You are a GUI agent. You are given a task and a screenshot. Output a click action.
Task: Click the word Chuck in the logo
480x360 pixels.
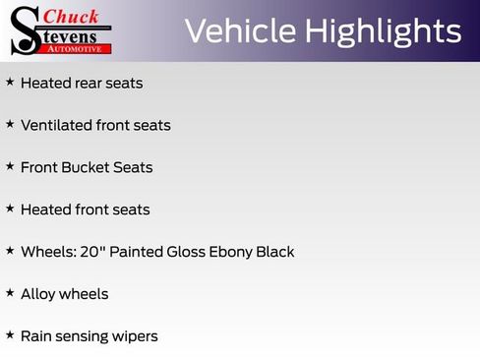[71, 17]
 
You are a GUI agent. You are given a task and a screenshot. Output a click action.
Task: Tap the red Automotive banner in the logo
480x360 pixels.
[74, 49]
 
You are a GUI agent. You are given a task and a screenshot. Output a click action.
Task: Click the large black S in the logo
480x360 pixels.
[27, 31]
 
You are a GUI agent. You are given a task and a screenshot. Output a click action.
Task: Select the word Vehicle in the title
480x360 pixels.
[240, 31]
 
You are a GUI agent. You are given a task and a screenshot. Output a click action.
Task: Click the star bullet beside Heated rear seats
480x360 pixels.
[10, 82]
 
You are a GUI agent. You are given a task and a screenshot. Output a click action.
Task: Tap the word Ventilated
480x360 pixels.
[56, 125]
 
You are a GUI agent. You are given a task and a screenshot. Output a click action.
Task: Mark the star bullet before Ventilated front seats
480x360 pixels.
[10, 124]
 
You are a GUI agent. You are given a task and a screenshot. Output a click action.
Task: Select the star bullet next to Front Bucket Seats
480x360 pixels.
[10, 166]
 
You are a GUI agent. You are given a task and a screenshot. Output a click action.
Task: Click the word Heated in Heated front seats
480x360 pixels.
[45, 210]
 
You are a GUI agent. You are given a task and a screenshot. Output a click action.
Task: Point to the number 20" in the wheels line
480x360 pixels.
[90, 252]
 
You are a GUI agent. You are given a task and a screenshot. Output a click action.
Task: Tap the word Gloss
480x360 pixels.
[186, 252]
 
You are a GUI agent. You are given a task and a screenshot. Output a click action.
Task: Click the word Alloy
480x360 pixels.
[38, 295]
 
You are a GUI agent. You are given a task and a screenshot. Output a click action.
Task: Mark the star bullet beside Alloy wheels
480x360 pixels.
[10, 292]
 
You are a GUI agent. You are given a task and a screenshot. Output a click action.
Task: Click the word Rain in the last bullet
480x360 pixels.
[35, 336]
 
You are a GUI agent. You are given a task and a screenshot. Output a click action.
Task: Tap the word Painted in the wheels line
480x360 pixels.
[136, 252]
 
